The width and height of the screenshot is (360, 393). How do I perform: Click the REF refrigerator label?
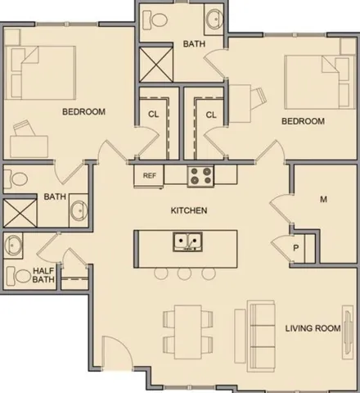149,175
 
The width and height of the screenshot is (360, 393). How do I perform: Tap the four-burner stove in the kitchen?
200,176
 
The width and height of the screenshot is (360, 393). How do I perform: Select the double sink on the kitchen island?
187,242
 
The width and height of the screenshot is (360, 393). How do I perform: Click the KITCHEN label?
189,210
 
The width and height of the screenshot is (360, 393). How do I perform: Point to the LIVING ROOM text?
313,328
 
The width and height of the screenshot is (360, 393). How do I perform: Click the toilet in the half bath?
19,276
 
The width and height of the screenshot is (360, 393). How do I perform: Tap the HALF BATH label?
43,275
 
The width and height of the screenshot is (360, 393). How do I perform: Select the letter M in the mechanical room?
323,200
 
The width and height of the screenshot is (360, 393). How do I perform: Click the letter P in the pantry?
296,248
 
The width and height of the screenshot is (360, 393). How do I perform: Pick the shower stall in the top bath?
156,65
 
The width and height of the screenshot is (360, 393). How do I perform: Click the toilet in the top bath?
155,19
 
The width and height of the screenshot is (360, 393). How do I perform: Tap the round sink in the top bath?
214,19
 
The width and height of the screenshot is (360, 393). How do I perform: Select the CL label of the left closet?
153,114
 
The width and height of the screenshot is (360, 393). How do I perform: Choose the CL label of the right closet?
211,115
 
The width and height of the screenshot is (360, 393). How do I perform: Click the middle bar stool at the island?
184,273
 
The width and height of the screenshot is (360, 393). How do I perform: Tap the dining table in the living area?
188,332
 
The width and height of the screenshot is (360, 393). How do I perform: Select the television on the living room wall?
347,332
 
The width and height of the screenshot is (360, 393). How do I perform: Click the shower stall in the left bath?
20,213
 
